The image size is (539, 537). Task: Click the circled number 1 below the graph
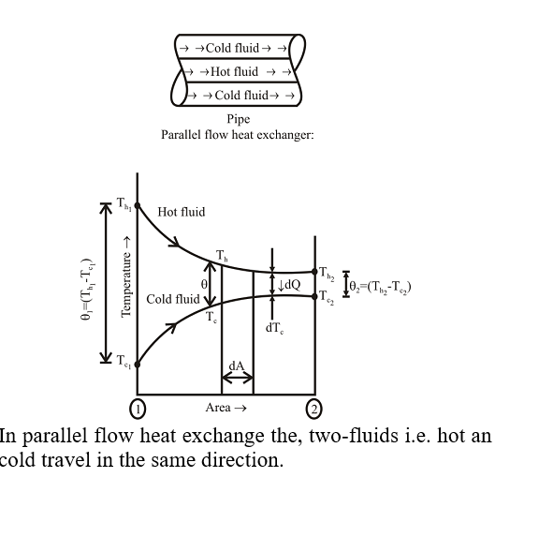[138, 409]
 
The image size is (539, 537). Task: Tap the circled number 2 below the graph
[313, 409]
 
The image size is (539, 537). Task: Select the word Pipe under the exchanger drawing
[239, 119]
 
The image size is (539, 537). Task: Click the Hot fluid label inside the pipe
[234, 71]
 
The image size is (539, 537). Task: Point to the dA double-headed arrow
[238, 378]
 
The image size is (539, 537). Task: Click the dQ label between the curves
[289, 285]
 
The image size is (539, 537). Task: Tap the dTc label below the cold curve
[274, 328]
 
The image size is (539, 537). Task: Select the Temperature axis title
[126, 276]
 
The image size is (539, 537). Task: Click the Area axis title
[226, 408]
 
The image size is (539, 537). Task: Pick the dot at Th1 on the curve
[138, 205]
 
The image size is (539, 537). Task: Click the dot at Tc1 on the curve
[138, 365]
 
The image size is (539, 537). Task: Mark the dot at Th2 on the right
[314, 272]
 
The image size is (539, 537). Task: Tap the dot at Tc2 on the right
[314, 296]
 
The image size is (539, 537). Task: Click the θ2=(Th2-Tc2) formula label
[380, 287]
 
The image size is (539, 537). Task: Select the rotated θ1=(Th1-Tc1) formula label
[87, 289]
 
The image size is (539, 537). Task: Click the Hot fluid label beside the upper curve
[182, 212]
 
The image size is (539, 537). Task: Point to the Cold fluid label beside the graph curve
[173, 299]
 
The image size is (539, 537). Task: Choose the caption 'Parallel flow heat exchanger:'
[238, 135]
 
